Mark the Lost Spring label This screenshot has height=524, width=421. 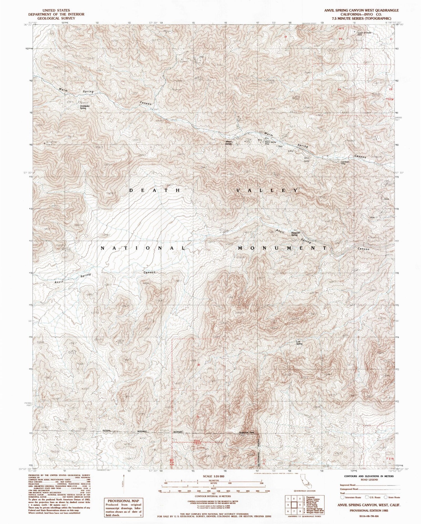(x=299, y=342)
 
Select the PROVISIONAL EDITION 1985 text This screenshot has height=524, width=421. (x=369, y=511)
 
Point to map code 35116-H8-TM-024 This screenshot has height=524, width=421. (x=369, y=517)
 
